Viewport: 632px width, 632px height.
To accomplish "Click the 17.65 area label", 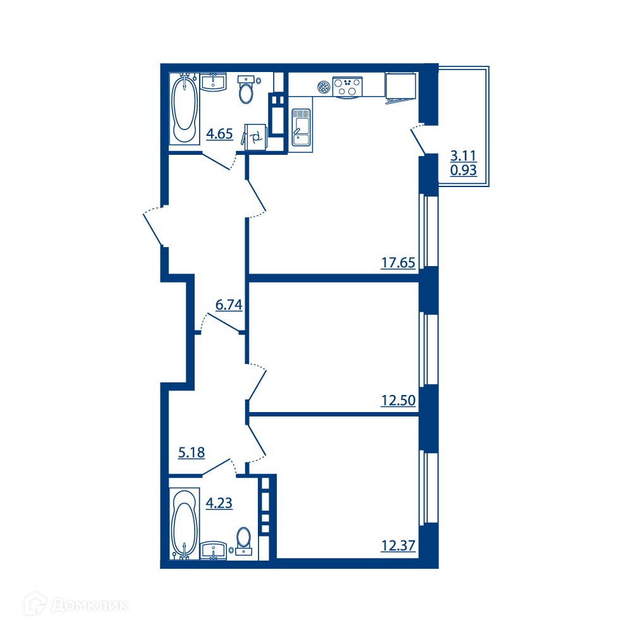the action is [x=398, y=263].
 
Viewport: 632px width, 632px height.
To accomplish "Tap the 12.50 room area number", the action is [x=398, y=401].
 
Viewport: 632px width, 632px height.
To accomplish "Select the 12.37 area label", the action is [x=398, y=546].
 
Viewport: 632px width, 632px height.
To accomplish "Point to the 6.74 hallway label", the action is [x=229, y=305].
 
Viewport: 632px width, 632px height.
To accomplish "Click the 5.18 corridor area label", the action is [x=191, y=453].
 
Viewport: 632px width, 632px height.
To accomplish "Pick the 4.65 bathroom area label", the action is [x=220, y=133].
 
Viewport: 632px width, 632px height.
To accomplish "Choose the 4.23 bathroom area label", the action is [x=219, y=503].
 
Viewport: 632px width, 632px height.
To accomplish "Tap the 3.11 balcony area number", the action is [x=463, y=155].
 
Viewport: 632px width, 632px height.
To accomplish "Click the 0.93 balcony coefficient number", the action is [x=463, y=170].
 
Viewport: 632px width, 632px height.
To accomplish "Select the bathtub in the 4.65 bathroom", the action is [x=184, y=109].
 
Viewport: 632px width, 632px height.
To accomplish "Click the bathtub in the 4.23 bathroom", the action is [x=184, y=523].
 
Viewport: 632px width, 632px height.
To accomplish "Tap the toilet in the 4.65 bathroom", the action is [x=246, y=90].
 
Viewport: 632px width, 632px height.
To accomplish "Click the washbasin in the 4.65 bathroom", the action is [x=213, y=82].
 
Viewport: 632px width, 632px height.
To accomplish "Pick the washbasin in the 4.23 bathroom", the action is [x=214, y=550].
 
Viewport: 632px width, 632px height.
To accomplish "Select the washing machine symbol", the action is [x=255, y=137].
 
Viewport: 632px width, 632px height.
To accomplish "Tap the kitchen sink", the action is [x=301, y=127].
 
